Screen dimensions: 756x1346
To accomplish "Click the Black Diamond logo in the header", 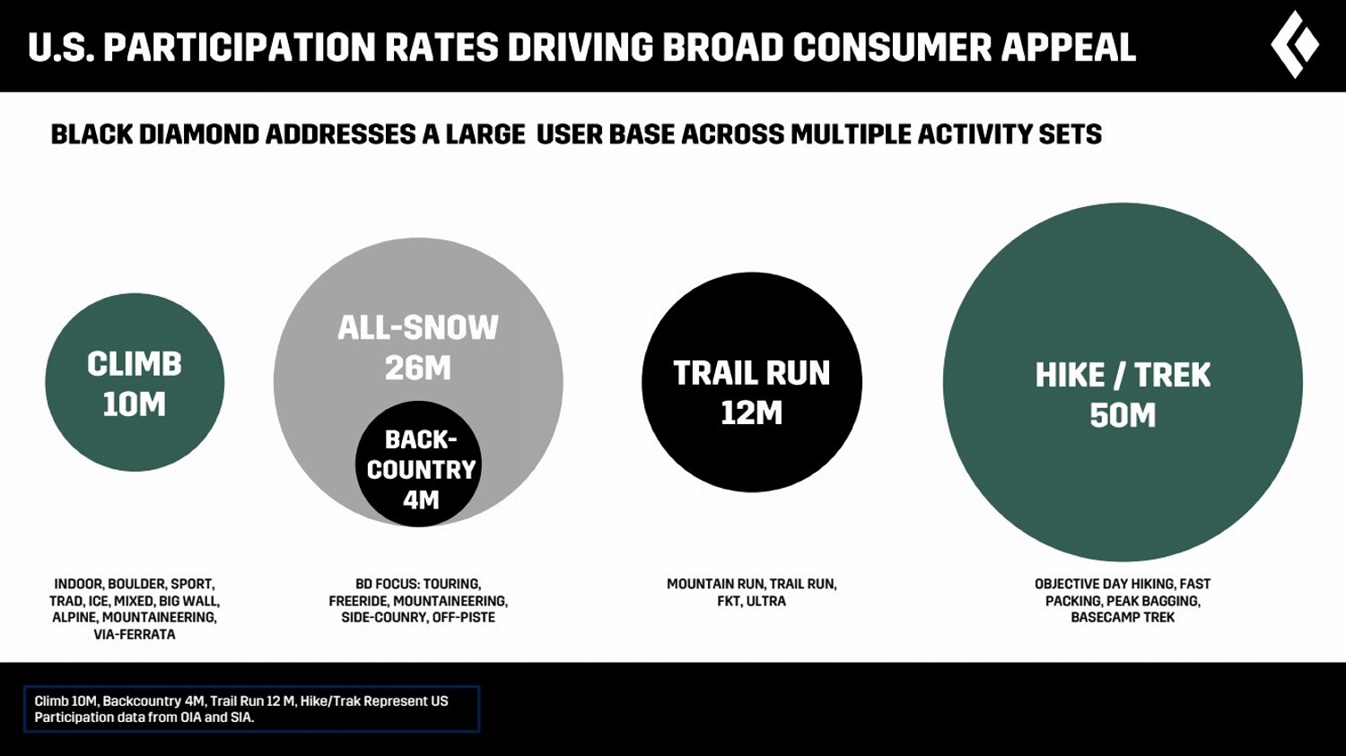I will tap(1295, 45).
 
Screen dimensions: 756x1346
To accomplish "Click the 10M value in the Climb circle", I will tap(135, 405).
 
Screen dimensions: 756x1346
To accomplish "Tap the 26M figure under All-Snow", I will tap(418, 369).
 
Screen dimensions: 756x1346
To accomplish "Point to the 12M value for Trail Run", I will tap(752, 413).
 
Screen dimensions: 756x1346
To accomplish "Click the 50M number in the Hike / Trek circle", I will tap(1123, 416).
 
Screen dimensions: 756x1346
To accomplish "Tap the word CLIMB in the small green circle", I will tap(135, 364).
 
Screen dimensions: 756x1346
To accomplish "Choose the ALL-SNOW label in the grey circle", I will tap(418, 328).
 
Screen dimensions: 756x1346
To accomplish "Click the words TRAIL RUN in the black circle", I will tap(752, 373).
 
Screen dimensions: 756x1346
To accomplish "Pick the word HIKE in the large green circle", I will tap(1070, 375).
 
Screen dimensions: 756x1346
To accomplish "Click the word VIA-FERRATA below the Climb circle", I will tap(135, 635).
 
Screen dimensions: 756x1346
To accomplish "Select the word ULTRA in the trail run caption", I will tap(766, 601).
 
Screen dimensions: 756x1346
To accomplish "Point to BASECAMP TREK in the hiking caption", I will tap(1123, 618).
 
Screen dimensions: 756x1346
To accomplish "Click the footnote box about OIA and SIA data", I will tap(251, 709).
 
